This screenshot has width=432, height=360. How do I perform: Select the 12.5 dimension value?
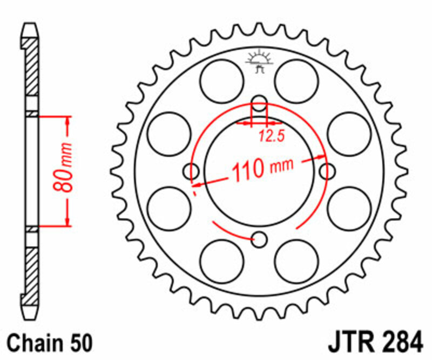coord(271,136)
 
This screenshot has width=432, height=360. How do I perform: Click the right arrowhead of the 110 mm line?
coord(319,159)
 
